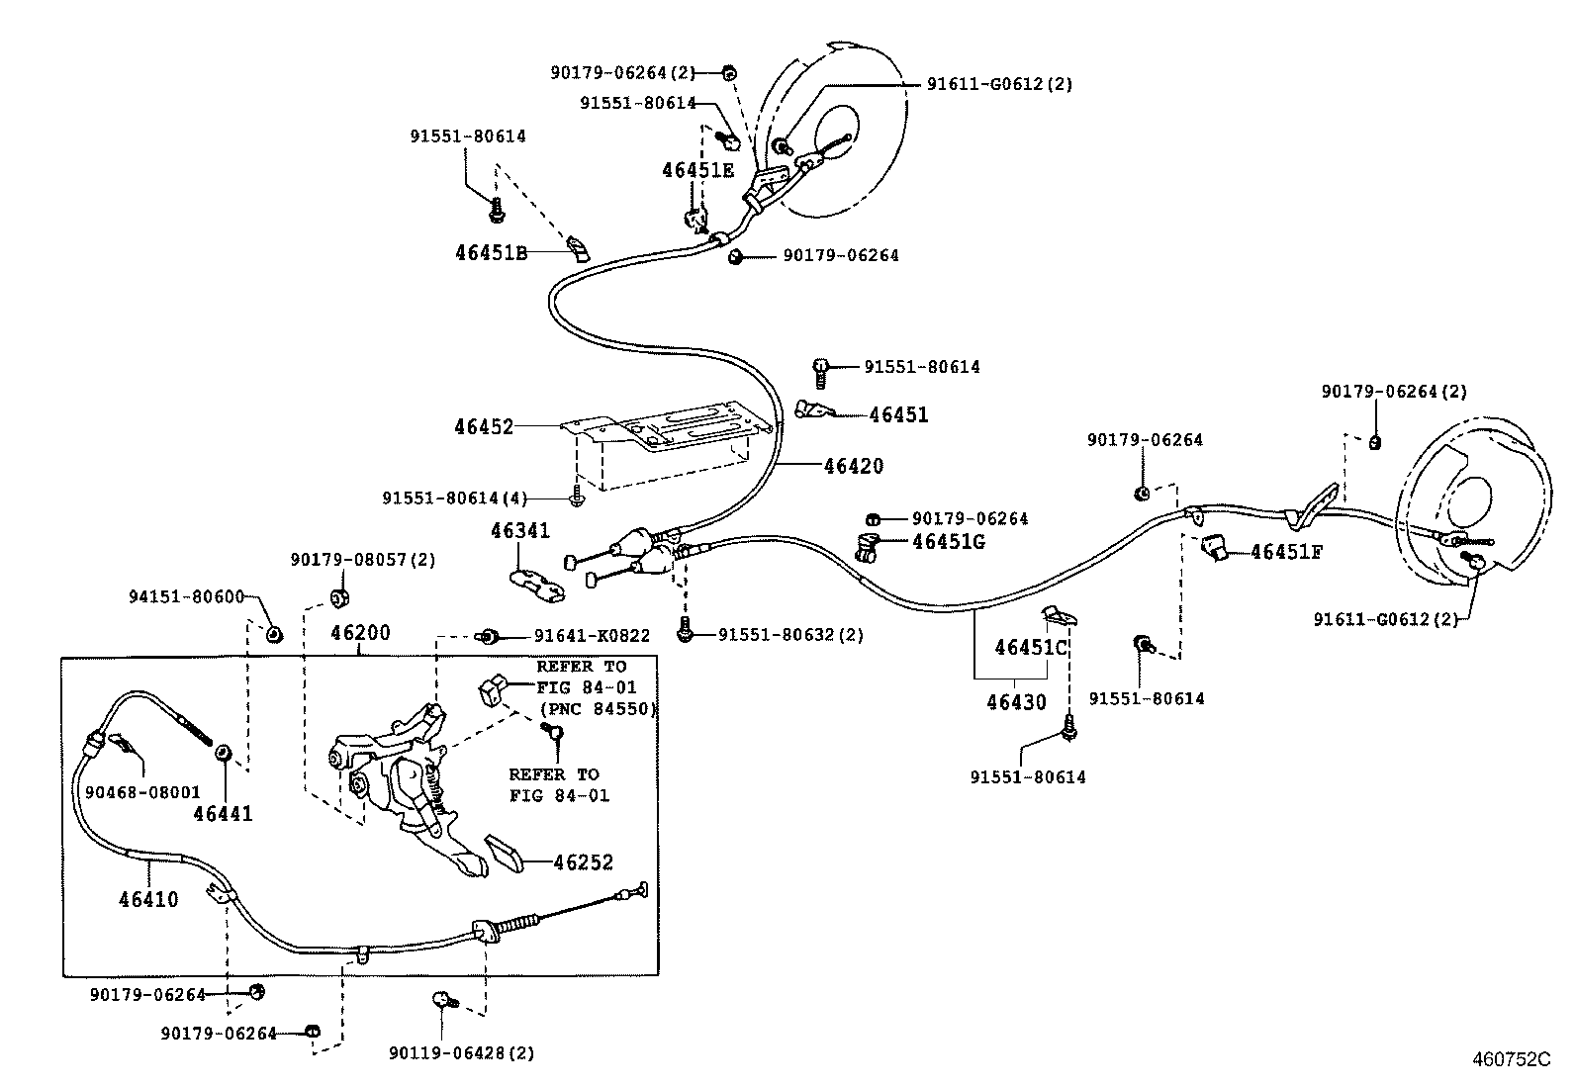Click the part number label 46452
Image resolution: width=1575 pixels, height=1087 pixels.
[x=484, y=427]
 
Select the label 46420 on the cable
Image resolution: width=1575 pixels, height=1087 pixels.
[x=853, y=466]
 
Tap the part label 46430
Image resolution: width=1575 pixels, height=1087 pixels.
[x=1015, y=702]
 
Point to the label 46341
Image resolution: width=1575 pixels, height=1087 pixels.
[x=519, y=531]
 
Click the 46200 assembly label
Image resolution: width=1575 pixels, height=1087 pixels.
[x=360, y=633]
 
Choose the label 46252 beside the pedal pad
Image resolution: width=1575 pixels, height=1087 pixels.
[x=583, y=862]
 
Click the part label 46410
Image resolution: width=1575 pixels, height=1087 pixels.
[x=148, y=899]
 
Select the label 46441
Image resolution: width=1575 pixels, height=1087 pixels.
[x=223, y=814]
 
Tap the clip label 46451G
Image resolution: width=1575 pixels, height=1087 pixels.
[x=948, y=542]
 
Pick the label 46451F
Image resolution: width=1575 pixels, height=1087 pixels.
[x=1285, y=552]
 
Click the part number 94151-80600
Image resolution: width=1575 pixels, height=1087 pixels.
[x=186, y=596]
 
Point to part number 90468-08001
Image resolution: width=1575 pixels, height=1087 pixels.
[x=142, y=792]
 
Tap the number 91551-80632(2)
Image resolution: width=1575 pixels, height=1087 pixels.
[x=790, y=635]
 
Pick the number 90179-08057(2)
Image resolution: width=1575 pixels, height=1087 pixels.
[x=362, y=560]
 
